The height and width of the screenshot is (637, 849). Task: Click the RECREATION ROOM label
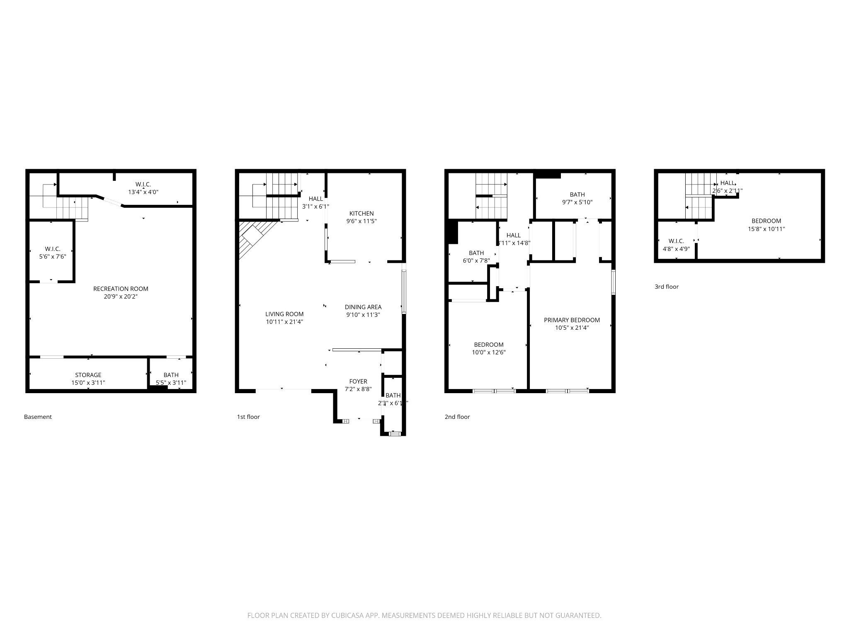pyautogui.click(x=121, y=289)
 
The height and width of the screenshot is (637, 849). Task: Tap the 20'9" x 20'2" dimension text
pyautogui.click(x=121, y=297)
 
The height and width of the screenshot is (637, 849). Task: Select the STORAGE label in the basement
pyautogui.click(x=88, y=375)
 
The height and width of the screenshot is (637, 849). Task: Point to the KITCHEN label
pyautogui.click(x=361, y=214)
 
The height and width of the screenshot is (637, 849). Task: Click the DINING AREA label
pyautogui.click(x=363, y=307)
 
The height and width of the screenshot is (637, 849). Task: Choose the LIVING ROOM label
pyautogui.click(x=284, y=314)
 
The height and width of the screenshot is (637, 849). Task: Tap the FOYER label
pyautogui.click(x=358, y=382)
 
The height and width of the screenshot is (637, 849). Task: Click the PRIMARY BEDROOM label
pyautogui.click(x=572, y=320)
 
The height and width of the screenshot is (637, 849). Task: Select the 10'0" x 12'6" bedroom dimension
pyautogui.click(x=489, y=353)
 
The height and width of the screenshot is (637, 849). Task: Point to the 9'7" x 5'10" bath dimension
pyautogui.click(x=577, y=202)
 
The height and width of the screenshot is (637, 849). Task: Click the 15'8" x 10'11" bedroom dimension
pyautogui.click(x=766, y=229)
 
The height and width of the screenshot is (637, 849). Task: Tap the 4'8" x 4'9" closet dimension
pyautogui.click(x=676, y=249)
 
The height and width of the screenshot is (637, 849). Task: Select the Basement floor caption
pyautogui.click(x=38, y=417)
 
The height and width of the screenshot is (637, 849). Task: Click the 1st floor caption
pyautogui.click(x=248, y=417)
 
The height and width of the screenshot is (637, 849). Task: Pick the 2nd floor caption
pyautogui.click(x=457, y=417)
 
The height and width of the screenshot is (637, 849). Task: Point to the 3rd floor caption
pyautogui.click(x=667, y=287)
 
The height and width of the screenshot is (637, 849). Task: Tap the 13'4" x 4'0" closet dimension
pyautogui.click(x=143, y=192)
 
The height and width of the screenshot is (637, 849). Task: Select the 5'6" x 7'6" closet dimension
pyautogui.click(x=53, y=257)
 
